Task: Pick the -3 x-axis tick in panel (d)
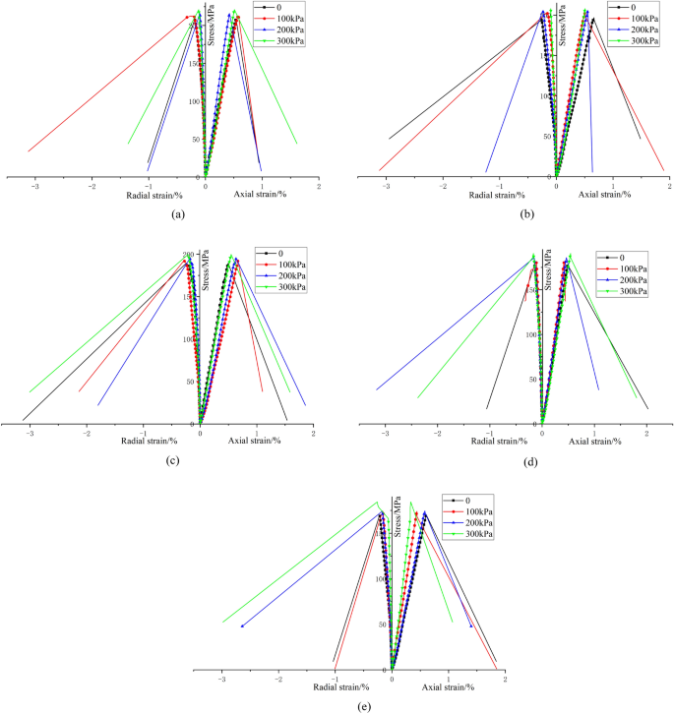point(385,433)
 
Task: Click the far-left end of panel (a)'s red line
point(29,150)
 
